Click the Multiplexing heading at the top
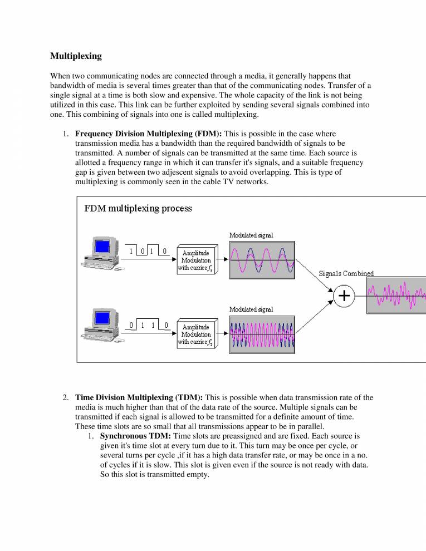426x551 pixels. pyautogui.click(x=76, y=56)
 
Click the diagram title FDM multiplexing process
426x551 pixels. pyautogui.click(x=138, y=209)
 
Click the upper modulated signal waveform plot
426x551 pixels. pyautogui.click(x=262, y=260)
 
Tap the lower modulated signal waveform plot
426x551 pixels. pyautogui.click(x=262, y=334)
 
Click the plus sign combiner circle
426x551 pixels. pyautogui.click(x=345, y=296)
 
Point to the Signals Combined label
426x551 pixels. pyautogui.click(x=346, y=273)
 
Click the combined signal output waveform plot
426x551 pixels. pyautogui.click(x=396, y=296)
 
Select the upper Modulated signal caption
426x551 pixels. pyautogui.click(x=251, y=235)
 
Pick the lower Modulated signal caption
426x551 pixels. pyautogui.click(x=251, y=309)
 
